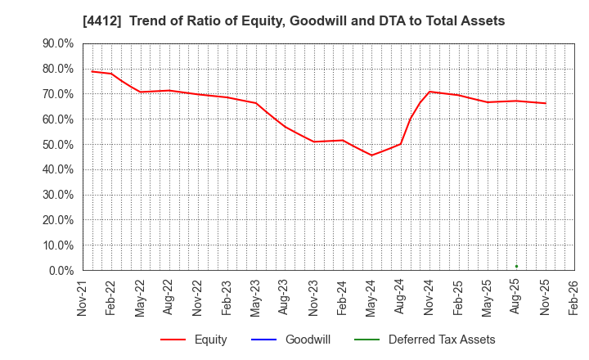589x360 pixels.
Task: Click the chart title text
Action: [294, 21]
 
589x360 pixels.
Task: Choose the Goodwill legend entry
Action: [308, 340]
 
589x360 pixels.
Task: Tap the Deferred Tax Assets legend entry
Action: [442, 340]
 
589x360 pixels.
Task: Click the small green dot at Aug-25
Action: [516, 266]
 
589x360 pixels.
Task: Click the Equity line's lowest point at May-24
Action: [371, 155]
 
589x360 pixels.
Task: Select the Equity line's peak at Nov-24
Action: [429, 92]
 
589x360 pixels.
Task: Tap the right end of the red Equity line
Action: [546, 103]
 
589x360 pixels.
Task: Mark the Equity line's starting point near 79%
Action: [92, 71]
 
